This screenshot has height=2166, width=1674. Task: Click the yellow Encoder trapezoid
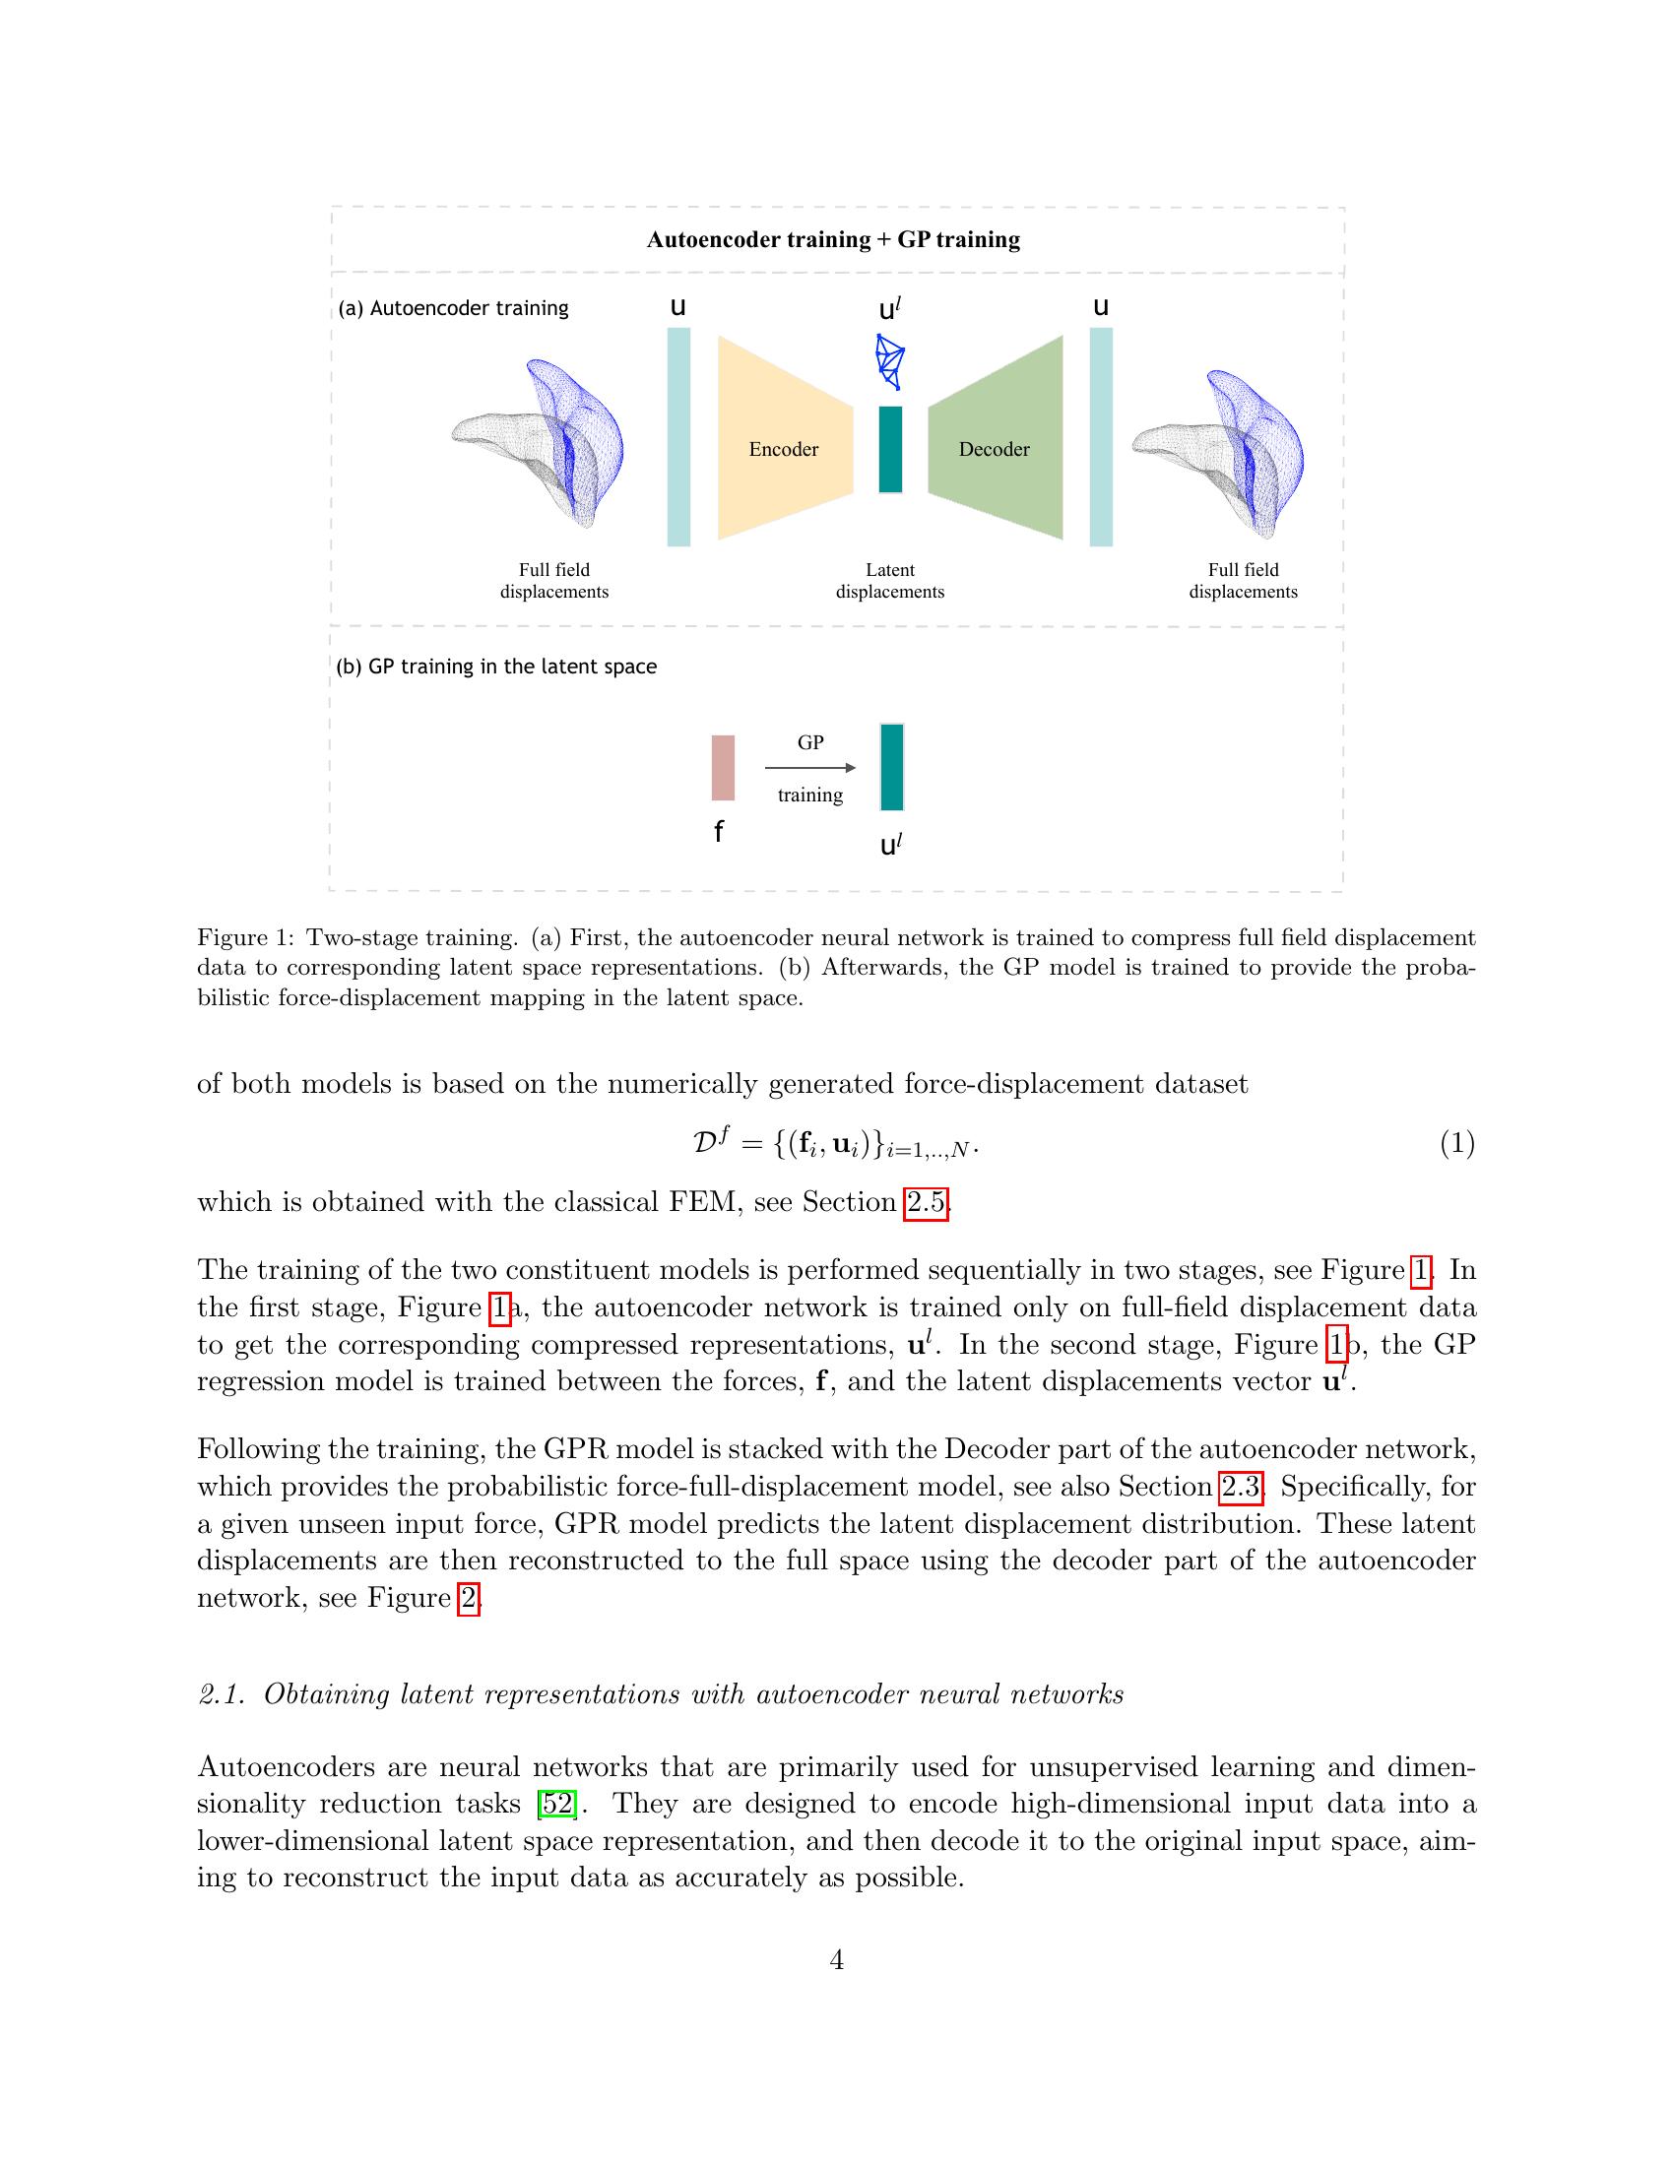784,438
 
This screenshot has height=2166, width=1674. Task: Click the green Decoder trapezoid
995,438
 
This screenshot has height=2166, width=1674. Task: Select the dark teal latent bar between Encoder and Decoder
890,449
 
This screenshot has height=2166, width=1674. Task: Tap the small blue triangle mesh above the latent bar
890,361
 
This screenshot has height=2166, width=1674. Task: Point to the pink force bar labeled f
723,768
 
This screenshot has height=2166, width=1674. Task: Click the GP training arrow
810,768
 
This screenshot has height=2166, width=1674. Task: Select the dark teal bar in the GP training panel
891,768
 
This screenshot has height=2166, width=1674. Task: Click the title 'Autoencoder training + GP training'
833,240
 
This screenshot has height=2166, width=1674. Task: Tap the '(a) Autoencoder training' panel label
454,308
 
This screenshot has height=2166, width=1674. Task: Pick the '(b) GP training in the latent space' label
497,667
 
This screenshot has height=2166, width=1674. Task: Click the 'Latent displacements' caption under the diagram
889,581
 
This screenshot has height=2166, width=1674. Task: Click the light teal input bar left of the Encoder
678,437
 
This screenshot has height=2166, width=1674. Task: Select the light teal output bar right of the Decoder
1101,437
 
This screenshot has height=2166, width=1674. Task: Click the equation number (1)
1456,1143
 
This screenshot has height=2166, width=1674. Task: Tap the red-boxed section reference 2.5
927,1202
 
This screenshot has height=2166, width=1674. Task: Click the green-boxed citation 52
556,1803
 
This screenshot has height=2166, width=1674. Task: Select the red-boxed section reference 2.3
1240,1487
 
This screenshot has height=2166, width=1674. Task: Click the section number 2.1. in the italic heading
223,1695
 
